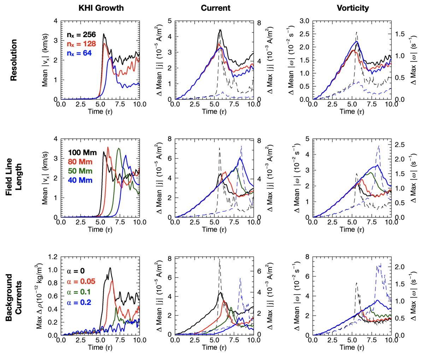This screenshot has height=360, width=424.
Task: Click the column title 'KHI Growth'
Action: click(101, 8)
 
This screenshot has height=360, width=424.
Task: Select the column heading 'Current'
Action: click(216, 8)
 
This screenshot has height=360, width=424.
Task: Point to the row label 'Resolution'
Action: click(13, 60)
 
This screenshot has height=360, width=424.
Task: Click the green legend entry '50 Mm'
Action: click(81, 171)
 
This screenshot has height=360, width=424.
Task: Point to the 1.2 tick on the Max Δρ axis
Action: click(54, 257)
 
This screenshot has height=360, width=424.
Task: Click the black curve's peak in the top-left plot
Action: click(104, 34)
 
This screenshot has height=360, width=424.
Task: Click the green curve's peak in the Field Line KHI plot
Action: click(119, 148)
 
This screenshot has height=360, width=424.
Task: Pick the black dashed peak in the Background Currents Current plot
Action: click(219, 259)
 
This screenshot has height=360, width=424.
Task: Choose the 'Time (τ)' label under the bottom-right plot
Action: click(352, 347)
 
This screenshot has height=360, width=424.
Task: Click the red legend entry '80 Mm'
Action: click(80, 162)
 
